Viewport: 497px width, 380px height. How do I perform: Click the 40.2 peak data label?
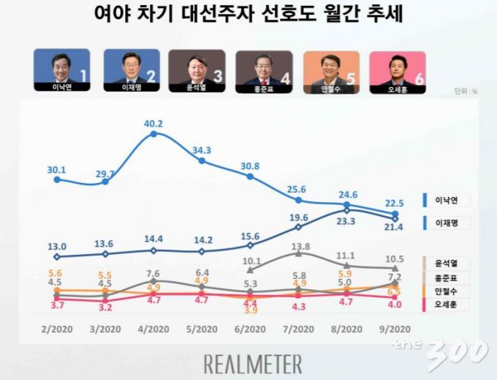tap(153, 124)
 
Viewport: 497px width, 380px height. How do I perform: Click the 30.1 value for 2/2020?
tap(57, 170)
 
